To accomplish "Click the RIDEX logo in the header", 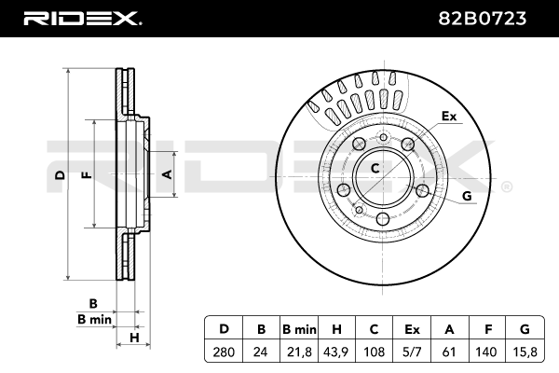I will (81, 18).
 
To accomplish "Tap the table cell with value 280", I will (224, 352).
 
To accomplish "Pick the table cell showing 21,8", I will (300, 352).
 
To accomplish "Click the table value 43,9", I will (337, 352).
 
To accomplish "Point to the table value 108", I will (375, 352).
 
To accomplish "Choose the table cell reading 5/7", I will (411, 352).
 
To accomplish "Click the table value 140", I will (485, 352).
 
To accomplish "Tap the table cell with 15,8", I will (525, 352).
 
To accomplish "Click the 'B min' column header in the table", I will (300, 330).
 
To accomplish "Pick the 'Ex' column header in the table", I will (411, 330).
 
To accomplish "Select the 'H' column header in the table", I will (337, 330).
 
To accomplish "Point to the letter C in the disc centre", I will (375, 169).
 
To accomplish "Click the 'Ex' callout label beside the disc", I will (449, 117).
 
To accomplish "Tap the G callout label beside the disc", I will (467, 195).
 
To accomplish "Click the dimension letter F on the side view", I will (86, 174).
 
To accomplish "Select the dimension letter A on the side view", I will (167, 174).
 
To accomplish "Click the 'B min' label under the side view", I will (94, 318).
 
